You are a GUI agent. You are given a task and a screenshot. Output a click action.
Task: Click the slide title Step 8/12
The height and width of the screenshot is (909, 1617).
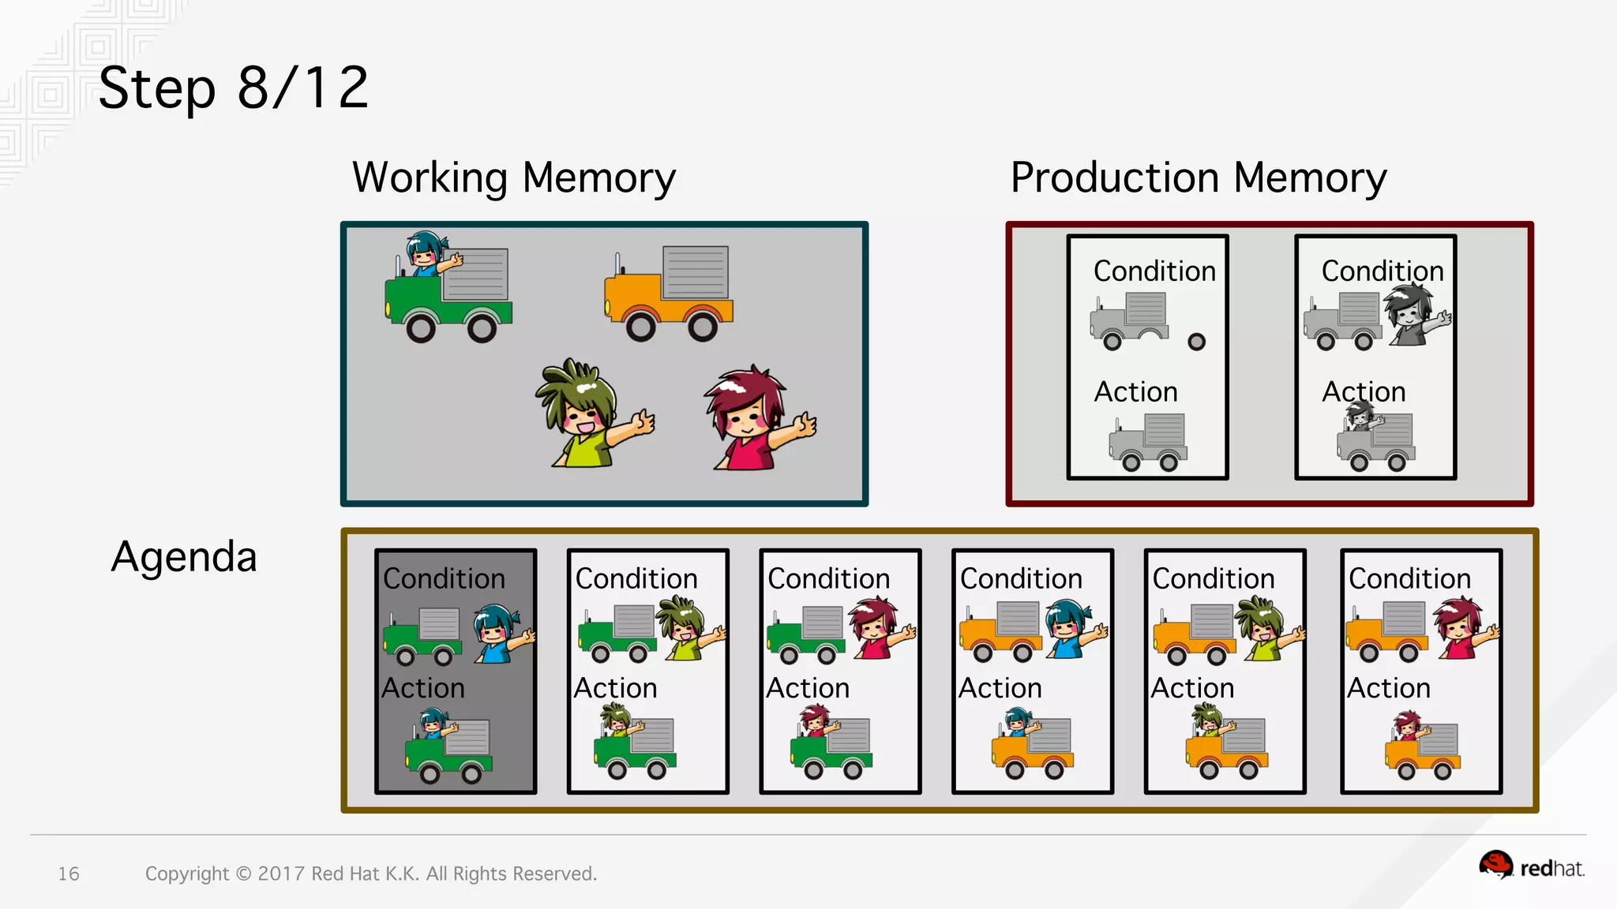[x=233, y=88]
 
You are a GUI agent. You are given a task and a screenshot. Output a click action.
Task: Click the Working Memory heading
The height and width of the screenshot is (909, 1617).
[x=514, y=178]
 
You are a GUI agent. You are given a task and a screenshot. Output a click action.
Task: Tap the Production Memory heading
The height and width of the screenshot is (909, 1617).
[x=1199, y=178]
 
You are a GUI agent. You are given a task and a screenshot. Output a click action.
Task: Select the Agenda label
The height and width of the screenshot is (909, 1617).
[x=184, y=556]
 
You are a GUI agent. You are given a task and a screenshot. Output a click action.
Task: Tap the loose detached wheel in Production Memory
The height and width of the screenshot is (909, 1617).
[x=1197, y=342]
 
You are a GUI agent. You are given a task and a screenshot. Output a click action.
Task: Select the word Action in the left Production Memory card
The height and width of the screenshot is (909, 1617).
[x=1135, y=391]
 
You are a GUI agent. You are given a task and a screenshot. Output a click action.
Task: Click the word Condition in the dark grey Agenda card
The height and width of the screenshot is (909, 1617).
[x=444, y=578]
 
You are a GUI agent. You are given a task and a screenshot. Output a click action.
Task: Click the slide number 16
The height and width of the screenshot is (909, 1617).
[x=69, y=873]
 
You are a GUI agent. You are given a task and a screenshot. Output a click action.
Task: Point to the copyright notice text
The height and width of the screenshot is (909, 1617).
[x=371, y=873]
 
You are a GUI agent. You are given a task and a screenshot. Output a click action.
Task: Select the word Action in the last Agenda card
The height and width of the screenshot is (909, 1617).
[x=1388, y=688]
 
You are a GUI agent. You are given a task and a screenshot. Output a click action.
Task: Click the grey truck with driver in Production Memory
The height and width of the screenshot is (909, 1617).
[x=1375, y=438]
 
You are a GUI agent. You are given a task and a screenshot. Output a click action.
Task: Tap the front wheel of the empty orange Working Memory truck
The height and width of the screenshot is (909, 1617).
[x=641, y=326]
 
